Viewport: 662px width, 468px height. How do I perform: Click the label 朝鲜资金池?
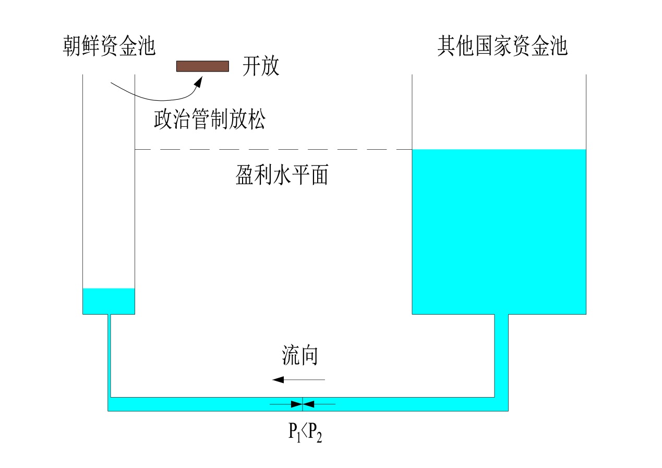click(109, 46)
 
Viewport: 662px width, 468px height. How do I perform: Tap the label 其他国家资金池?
click(502, 46)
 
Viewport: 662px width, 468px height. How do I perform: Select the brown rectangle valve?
click(202, 66)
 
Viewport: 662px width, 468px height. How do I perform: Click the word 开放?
click(261, 67)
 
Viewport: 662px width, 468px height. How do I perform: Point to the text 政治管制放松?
click(209, 120)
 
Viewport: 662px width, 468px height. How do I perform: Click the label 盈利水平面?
click(282, 176)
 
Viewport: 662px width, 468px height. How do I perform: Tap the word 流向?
click(300, 356)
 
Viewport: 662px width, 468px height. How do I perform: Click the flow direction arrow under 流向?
click(298, 379)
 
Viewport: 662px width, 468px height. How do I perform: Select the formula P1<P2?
click(305, 432)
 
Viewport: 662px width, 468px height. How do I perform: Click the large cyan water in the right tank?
click(499, 232)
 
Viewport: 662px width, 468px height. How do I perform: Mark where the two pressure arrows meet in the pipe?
click(303, 403)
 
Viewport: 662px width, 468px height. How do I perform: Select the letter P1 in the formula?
click(294, 433)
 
